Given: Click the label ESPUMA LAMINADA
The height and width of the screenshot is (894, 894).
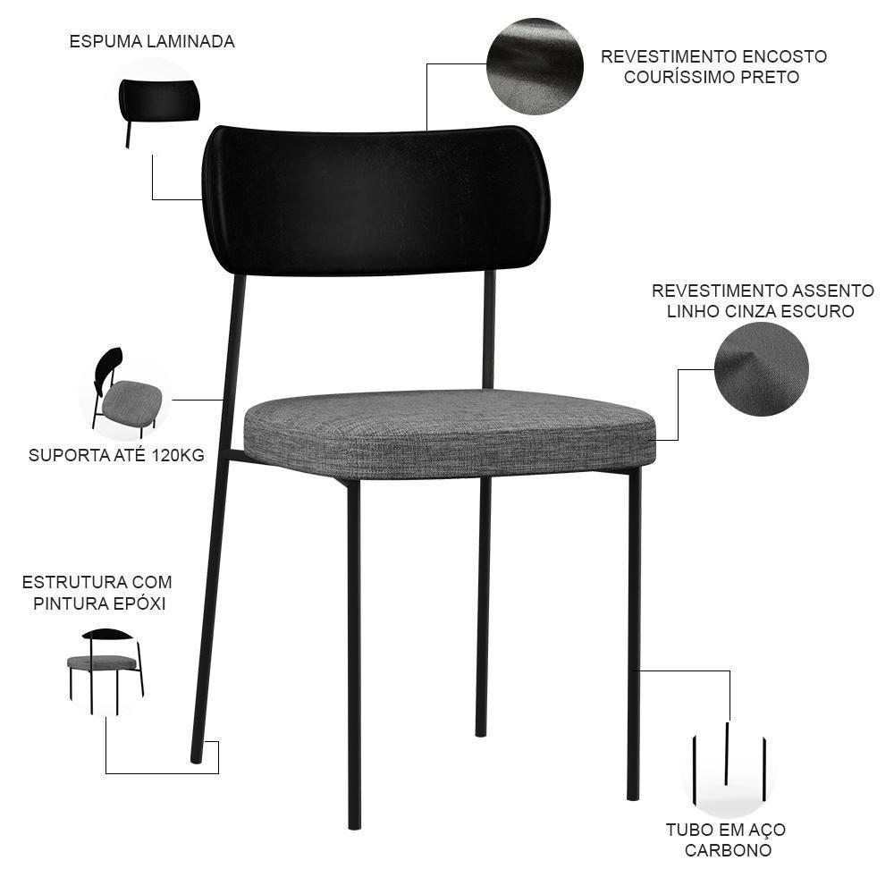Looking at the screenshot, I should (x=152, y=42).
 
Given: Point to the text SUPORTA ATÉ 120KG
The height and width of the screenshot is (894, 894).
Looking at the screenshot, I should (x=116, y=455).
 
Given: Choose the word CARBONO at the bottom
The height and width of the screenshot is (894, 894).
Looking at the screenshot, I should (x=728, y=850).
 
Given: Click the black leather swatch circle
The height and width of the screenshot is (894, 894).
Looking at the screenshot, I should (x=535, y=66).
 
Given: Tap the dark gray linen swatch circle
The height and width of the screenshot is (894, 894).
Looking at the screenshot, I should (x=762, y=369).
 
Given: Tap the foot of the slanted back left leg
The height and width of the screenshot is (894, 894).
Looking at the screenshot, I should (x=197, y=755).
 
